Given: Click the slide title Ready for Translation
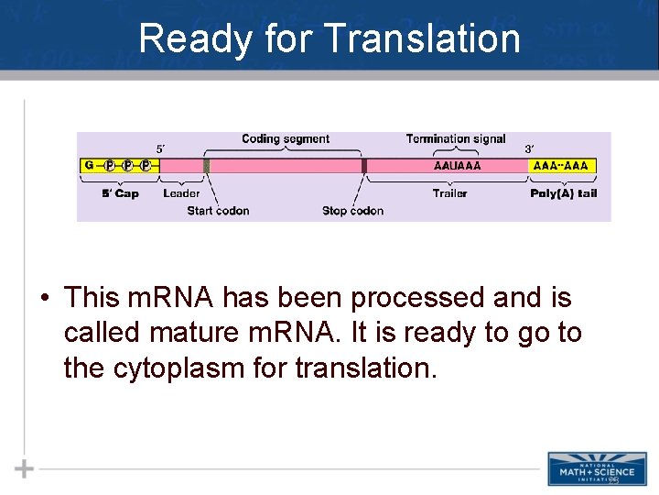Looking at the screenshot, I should tap(329, 39).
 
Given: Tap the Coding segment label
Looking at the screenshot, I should tap(286, 139).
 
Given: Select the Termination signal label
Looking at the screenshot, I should tap(456, 139).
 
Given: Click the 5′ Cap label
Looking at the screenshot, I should tap(120, 193).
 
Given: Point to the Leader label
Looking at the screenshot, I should tap(181, 193).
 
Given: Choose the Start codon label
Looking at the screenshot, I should tap(218, 211).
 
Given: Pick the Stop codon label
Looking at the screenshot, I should tap(352, 211).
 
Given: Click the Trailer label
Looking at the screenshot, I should tap(449, 193).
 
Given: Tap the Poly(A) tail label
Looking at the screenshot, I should tap(563, 193).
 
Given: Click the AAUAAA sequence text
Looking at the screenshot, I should tap(456, 166).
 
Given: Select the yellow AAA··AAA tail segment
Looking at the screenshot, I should tap(562, 166).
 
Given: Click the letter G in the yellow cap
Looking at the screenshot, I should tap(89, 166).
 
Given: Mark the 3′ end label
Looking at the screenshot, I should tap(529, 148).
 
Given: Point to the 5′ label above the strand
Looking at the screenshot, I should tap(161, 148).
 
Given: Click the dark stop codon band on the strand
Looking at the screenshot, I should tap(363, 166).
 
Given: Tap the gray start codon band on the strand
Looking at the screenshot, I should tap(207, 166).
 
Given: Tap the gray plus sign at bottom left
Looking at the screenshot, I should tap(25, 469).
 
